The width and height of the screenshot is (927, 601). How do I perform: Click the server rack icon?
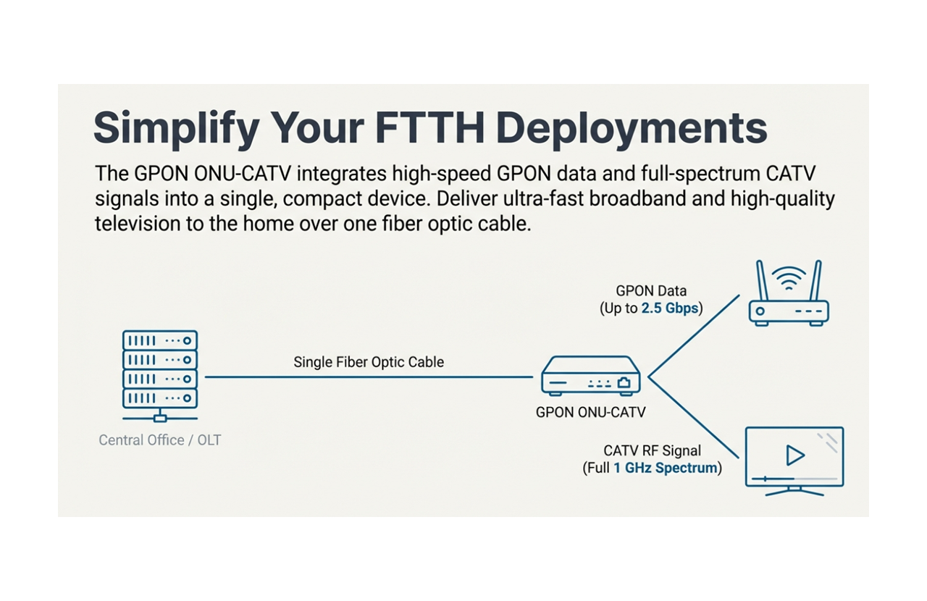pyautogui.click(x=160, y=374)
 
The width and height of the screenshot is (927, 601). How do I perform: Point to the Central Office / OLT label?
pyautogui.click(x=160, y=440)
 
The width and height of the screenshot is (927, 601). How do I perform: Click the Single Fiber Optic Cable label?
pyautogui.click(x=369, y=362)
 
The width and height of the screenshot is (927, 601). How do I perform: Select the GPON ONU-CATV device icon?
pyautogui.click(x=590, y=376)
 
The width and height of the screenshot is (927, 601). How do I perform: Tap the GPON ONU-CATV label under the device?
pyautogui.click(x=590, y=413)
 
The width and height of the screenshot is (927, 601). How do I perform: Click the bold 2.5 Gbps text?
pyautogui.click(x=670, y=308)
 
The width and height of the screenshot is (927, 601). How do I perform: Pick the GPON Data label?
pyautogui.click(x=651, y=291)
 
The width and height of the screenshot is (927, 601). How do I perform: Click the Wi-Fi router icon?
pyautogui.click(x=788, y=304)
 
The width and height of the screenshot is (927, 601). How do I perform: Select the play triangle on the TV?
pyautogui.click(x=795, y=455)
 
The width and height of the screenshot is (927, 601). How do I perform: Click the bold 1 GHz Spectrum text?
pyautogui.click(x=665, y=468)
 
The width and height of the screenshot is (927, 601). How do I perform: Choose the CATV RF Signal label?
pyautogui.click(x=652, y=451)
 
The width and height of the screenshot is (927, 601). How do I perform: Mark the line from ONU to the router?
pyautogui.click(x=694, y=336)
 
